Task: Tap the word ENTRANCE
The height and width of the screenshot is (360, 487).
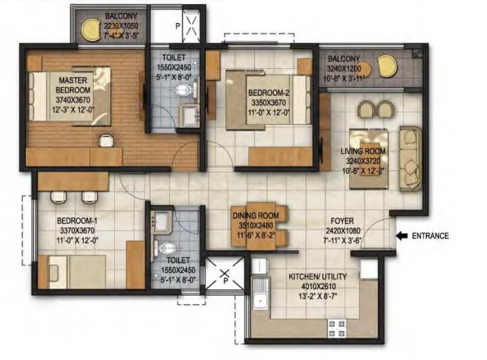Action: (431, 236)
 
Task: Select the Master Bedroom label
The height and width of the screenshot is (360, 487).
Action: (71, 85)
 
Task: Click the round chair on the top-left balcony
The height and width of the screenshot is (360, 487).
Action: (89, 29)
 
